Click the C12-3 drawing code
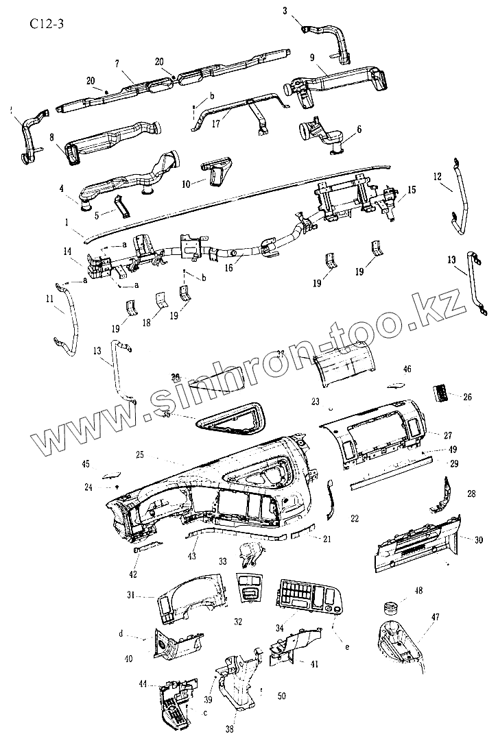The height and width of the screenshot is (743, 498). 45,26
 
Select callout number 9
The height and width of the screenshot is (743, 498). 312,58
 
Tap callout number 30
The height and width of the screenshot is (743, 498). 478,539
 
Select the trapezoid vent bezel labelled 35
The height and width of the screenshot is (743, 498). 228,420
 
